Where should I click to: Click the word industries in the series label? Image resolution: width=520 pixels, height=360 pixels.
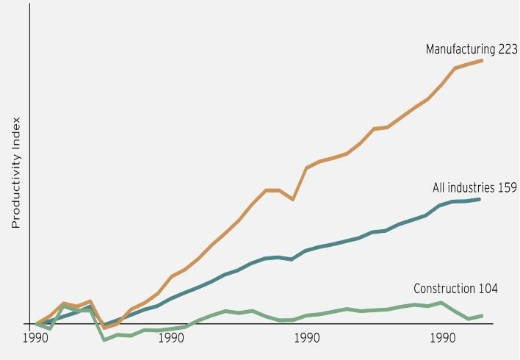472,188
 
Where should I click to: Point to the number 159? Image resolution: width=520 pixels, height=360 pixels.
508,188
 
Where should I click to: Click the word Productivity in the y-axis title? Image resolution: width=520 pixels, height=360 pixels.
16,190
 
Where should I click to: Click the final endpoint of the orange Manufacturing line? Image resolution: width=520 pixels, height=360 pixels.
482,60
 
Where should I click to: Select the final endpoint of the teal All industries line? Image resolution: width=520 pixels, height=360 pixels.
480,199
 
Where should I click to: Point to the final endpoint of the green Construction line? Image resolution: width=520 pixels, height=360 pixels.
482,316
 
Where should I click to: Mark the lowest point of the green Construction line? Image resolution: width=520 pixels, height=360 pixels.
104,339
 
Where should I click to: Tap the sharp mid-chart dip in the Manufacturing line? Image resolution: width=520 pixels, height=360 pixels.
293,199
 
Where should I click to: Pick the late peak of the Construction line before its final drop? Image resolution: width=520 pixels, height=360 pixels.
441,303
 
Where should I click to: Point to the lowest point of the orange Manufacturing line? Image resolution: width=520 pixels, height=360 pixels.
104,328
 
